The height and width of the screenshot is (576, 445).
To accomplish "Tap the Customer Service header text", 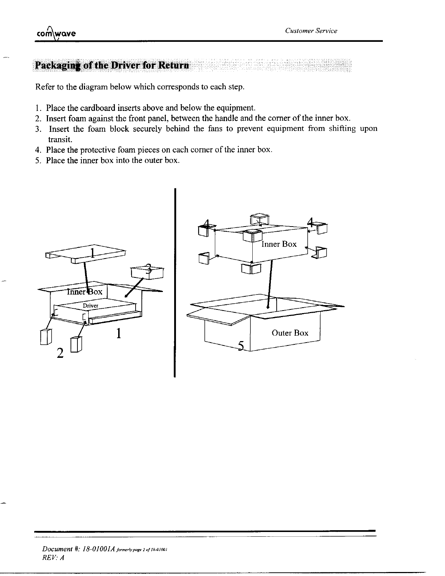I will (311, 31).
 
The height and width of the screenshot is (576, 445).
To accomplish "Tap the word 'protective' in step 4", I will (95, 150).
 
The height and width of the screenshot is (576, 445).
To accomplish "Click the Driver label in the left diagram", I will (91, 305).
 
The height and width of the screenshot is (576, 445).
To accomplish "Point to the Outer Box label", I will (290, 333).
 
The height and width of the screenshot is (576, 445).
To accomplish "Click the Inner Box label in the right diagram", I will (279, 244).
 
